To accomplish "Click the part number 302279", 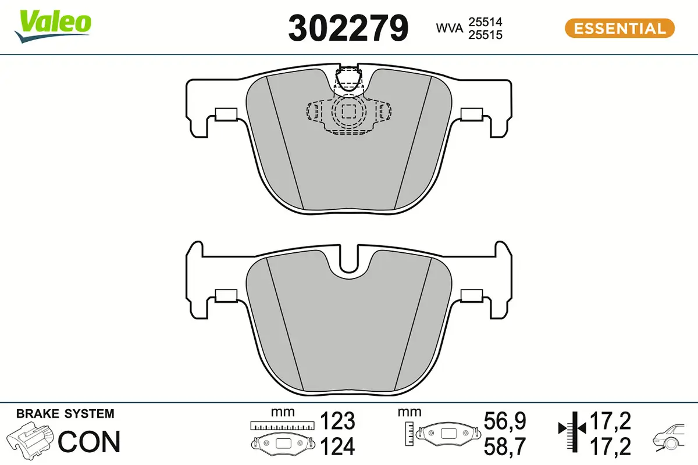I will click(348, 28).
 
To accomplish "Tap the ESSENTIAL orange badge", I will click(619, 28).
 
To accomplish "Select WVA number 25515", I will click(485, 35).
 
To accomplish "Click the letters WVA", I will click(450, 28).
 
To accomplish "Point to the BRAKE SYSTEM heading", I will click(65, 414).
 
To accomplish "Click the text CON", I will click(90, 442).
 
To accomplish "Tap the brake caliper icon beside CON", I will click(31, 440).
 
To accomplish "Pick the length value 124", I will click(338, 446).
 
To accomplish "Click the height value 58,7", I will click(504, 446).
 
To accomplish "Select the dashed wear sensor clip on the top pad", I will click(348, 110).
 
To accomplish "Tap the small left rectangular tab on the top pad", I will click(225, 114).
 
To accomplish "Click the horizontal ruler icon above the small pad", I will click(283, 426).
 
